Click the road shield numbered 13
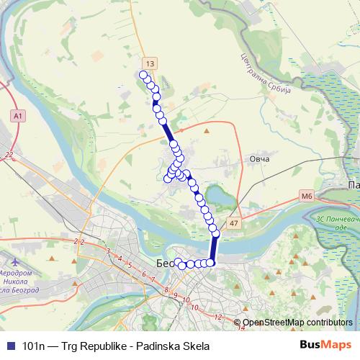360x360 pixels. (x=148, y=63)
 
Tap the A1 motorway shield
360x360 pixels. (x=17, y=115)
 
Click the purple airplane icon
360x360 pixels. (x=16, y=257)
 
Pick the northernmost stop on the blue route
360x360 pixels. (x=143, y=75)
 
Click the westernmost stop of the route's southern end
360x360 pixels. (x=178, y=262)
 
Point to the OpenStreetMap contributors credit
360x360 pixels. (x=297, y=323)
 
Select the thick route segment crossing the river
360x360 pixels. (x=213, y=248)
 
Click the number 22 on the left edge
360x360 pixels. (x=9, y=155)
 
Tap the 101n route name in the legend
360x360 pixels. (x=35, y=346)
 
